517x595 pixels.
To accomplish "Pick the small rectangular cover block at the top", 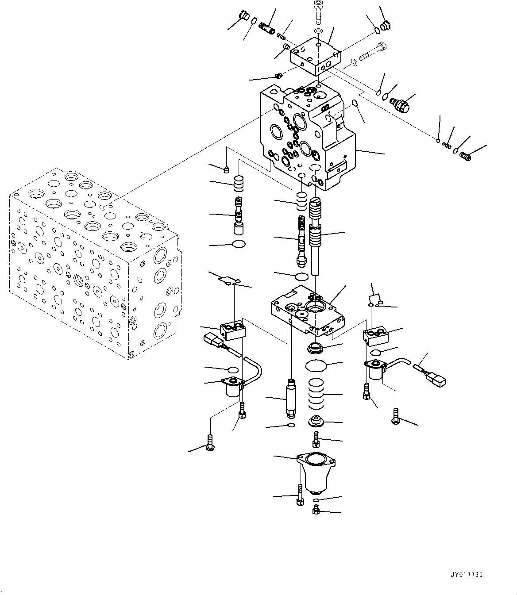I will (x=315, y=57).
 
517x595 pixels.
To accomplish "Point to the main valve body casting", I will (x=305, y=137).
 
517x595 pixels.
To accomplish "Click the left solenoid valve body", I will (x=233, y=387).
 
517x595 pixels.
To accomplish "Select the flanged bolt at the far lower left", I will (x=210, y=442).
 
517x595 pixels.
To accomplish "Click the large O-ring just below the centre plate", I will (x=316, y=366).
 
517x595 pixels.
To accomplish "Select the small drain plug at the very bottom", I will (x=316, y=511).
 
